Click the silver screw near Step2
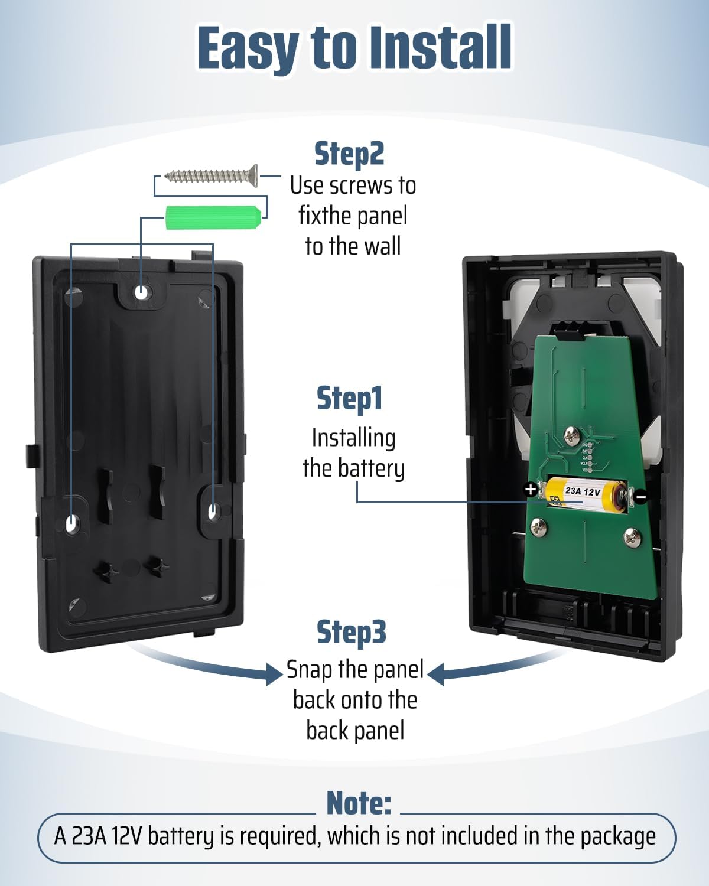[212, 175]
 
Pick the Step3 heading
[352, 632]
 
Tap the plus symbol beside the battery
[531, 489]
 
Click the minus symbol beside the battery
[640, 497]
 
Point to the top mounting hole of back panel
[141, 291]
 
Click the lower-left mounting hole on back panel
[72, 522]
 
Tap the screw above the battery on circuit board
[571, 437]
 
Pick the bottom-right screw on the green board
[632, 537]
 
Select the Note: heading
[359, 804]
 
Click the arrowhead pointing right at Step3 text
[275, 673]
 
